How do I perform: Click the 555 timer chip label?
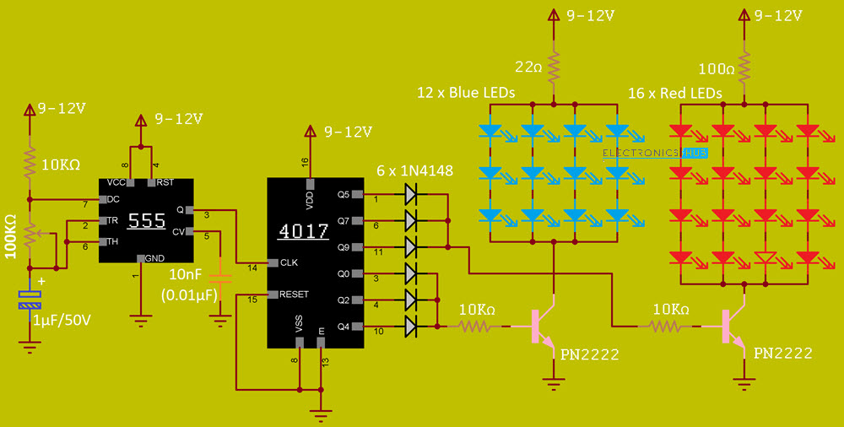coord(146,221)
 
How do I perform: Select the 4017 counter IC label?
coord(303,231)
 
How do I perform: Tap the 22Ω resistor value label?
coord(528,67)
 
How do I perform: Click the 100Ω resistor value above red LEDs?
coord(717,67)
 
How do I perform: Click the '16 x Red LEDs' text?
coord(674,93)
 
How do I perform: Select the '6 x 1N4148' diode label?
coord(414,171)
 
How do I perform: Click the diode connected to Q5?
coord(411,194)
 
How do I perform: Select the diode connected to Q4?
coord(411,326)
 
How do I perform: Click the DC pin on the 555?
coord(109,200)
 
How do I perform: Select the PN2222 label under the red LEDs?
coord(782,354)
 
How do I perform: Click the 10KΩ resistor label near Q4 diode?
coord(477,310)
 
